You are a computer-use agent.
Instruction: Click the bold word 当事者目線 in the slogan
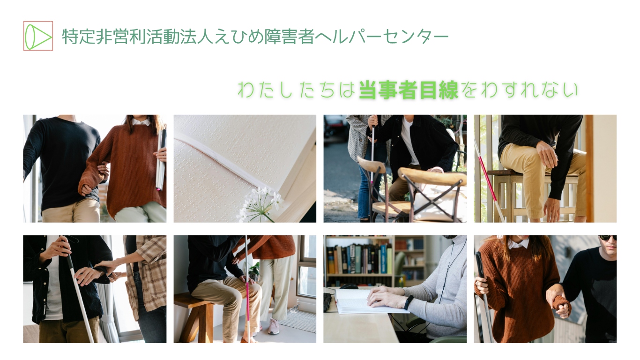pos(408,90)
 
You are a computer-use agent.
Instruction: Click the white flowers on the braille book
pos(260,203)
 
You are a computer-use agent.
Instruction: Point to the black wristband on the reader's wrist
pos(408,302)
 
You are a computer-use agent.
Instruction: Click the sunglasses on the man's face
pos(608,238)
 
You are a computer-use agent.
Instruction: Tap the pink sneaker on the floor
pos(274,326)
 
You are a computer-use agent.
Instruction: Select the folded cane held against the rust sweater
pos(161,160)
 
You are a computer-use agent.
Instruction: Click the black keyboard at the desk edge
pos(327,302)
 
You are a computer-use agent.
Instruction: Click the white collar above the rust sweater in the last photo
pos(518,244)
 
